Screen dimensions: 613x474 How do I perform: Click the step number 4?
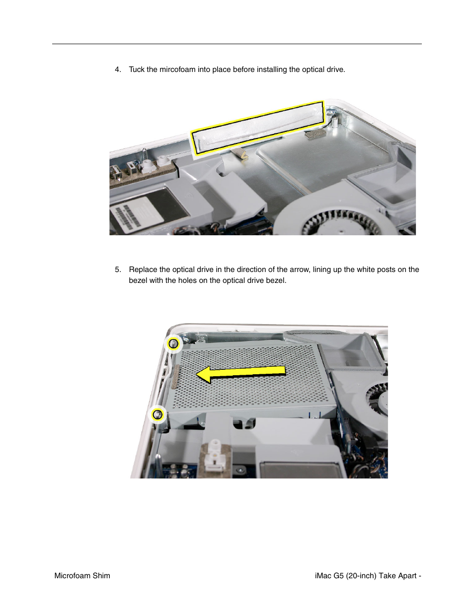click(x=117, y=69)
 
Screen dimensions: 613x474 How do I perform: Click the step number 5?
click(x=117, y=270)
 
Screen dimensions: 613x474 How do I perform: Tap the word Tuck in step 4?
click(x=137, y=69)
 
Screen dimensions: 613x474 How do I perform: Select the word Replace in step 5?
click(x=143, y=270)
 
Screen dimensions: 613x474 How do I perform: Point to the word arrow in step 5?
click(x=321, y=270)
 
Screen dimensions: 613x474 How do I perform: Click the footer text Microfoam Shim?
click(x=82, y=576)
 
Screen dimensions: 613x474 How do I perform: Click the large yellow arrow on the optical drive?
click(x=241, y=373)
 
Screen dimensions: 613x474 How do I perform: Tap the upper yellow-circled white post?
click(x=173, y=343)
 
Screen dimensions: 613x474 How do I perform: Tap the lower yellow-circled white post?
click(x=158, y=414)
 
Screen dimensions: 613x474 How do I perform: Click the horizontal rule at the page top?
click(x=237, y=44)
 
